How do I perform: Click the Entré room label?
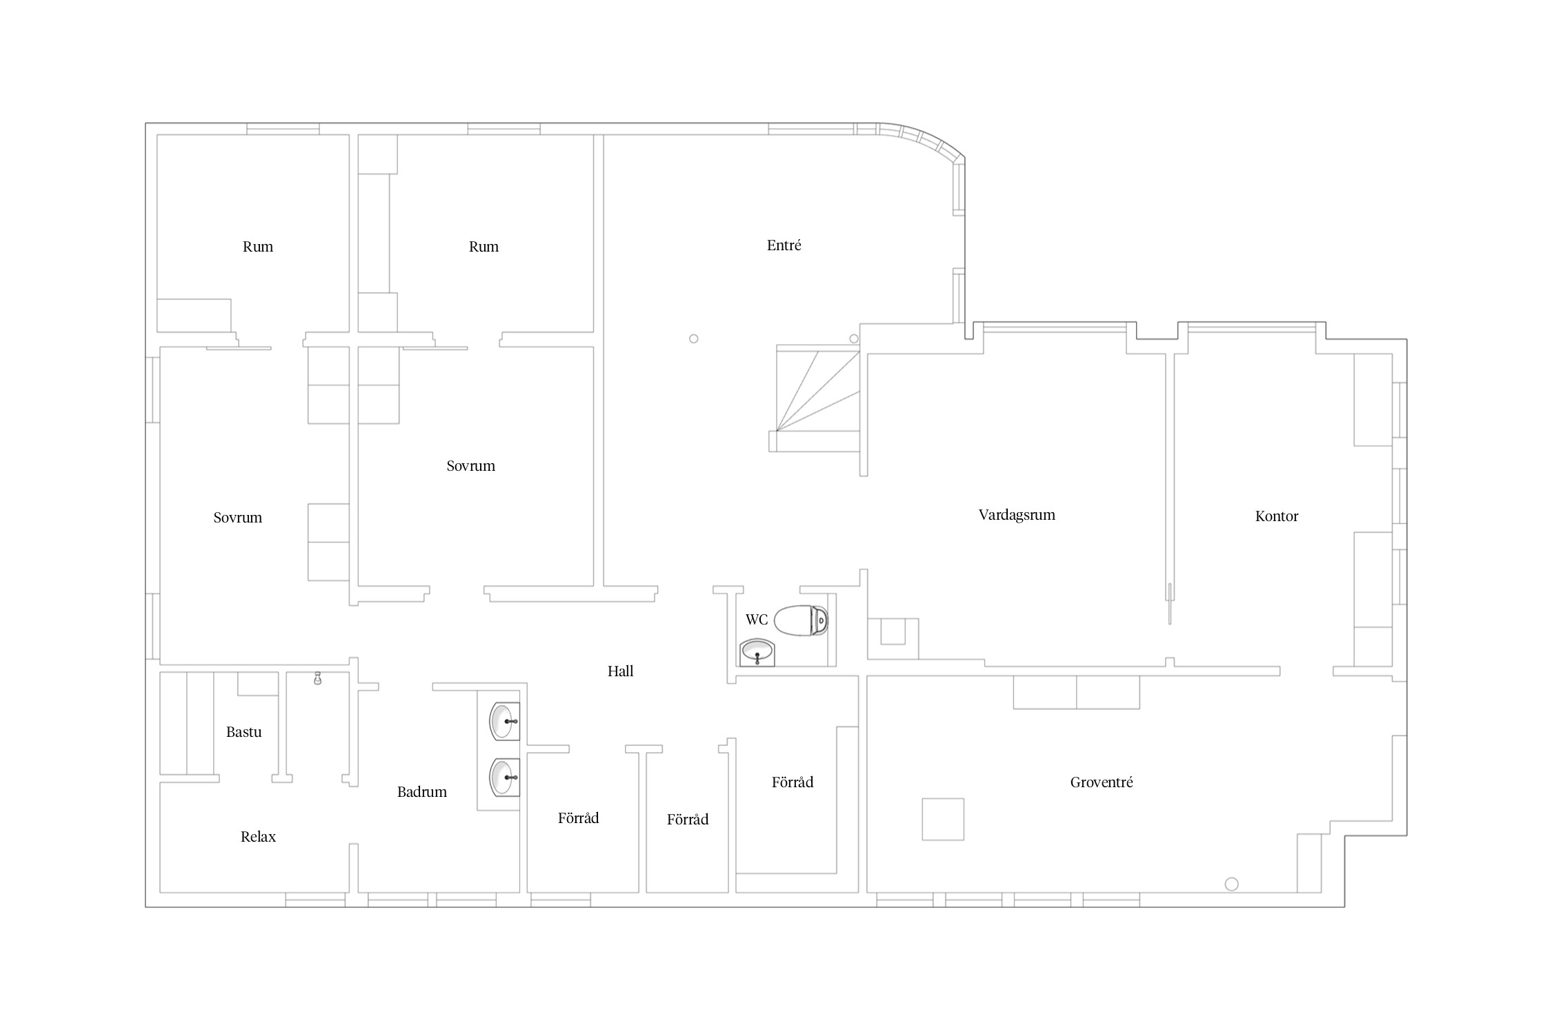784,245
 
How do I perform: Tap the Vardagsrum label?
1017,515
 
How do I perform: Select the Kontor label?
1276,516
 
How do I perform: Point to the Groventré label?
1102,782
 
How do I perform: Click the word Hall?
620,671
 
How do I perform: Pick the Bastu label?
243,732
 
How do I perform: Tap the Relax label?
258,837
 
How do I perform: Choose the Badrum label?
421,792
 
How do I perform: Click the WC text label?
757,620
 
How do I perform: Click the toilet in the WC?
801,620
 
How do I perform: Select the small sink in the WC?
757,652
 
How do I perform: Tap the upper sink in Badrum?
504,722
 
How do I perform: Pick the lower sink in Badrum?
504,777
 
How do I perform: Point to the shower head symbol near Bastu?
317,678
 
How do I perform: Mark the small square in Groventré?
943,819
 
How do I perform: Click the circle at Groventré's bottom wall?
1231,884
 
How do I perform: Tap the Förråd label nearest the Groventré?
792,782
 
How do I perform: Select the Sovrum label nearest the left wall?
237,518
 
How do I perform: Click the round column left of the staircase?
694,338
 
